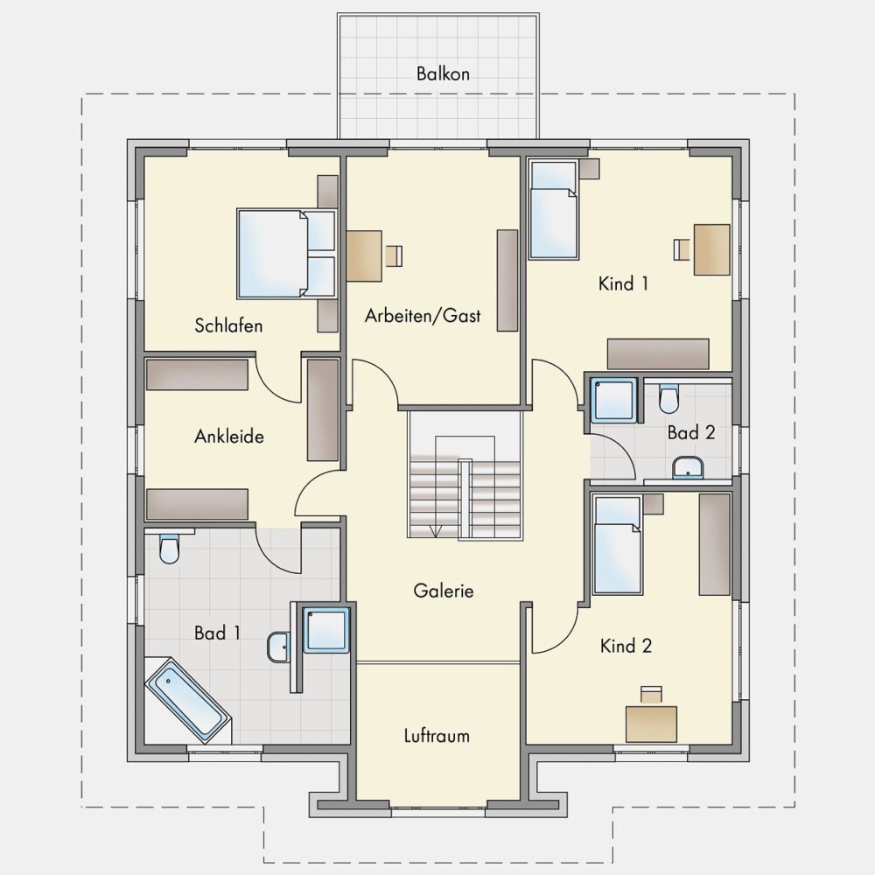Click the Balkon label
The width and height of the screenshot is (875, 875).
click(443, 73)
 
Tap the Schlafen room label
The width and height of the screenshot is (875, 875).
click(228, 325)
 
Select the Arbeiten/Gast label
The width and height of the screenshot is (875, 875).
click(423, 316)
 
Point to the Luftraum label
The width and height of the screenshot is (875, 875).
click(437, 736)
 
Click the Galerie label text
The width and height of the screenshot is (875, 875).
click(444, 591)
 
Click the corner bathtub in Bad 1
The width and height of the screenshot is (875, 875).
click(188, 700)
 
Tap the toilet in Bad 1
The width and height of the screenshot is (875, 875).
click(169, 549)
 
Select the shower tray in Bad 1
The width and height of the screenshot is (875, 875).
click(325, 630)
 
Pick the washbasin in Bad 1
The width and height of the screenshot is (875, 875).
click(278, 647)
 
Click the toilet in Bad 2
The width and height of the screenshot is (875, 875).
click(668, 398)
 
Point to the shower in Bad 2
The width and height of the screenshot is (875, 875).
click(614, 399)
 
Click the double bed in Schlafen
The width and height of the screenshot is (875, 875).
click(287, 254)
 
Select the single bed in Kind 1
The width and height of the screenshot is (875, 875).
click(552, 210)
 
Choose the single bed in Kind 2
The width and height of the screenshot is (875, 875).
click(617, 544)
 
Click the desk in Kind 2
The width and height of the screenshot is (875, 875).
click(651, 724)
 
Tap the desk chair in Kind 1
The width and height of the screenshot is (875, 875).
click(682, 248)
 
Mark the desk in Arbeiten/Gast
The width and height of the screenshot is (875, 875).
click(364, 255)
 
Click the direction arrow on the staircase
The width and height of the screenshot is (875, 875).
click(436, 531)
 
